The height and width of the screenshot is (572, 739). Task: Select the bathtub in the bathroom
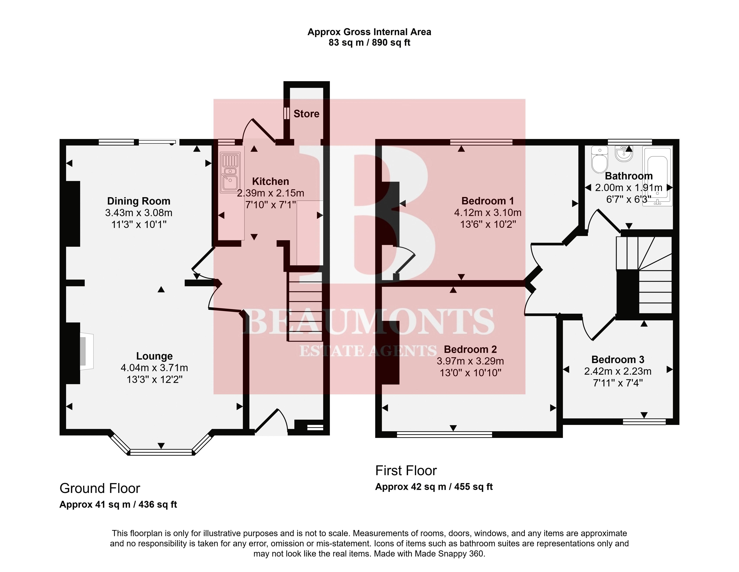click(657, 176)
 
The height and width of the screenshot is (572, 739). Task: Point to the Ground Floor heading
click(100, 489)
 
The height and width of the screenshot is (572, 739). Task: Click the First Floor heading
click(406, 471)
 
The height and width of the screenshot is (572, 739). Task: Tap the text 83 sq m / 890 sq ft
click(369, 43)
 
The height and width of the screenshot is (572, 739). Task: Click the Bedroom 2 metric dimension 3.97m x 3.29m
click(470, 361)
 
